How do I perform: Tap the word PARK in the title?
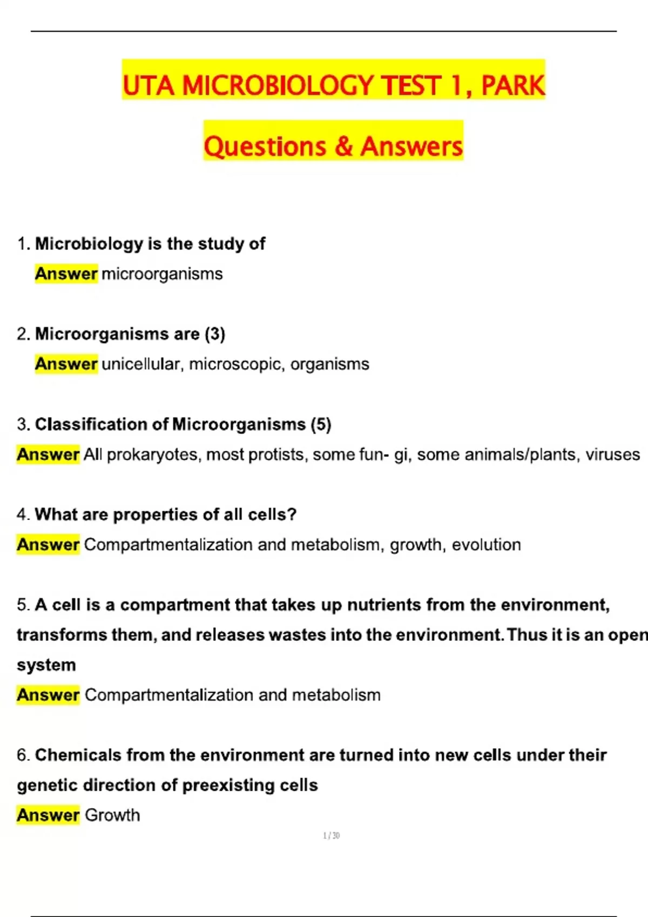(x=512, y=86)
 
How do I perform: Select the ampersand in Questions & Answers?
(x=343, y=147)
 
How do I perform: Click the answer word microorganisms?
(x=162, y=274)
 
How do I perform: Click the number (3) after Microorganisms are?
(x=215, y=334)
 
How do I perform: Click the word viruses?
(x=613, y=455)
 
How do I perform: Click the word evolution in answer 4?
(x=486, y=545)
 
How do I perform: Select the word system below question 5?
(x=46, y=665)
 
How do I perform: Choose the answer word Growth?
(x=112, y=815)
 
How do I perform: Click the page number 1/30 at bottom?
(x=331, y=836)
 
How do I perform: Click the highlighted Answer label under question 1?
(x=66, y=274)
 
